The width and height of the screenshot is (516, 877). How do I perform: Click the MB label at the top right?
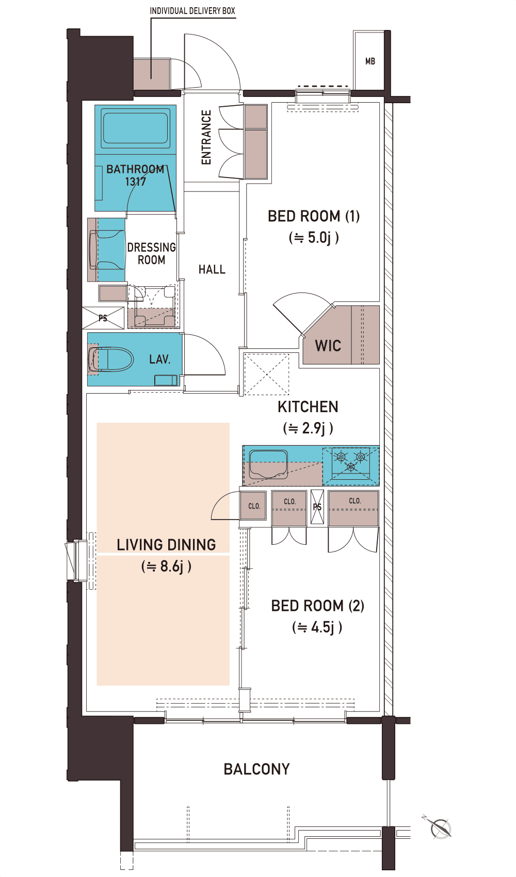coord(370,61)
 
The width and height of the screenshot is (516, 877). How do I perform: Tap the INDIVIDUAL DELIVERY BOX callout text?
coord(192,11)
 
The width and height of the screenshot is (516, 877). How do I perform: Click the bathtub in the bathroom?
coord(135,128)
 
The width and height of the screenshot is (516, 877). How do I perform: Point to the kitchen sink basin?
coord(268,464)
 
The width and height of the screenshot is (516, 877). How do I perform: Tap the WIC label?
coord(328,346)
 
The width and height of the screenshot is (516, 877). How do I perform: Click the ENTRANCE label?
coord(206,137)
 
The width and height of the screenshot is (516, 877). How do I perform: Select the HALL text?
coord(212,269)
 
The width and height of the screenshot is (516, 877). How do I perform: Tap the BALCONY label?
coord(256,769)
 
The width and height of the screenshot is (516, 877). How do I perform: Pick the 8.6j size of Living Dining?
coord(166,566)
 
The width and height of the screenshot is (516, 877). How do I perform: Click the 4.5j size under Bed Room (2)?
coord(317,628)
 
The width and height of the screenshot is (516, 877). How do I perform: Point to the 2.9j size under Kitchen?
coord(308,428)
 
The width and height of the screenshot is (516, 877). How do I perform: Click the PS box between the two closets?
coord(317,507)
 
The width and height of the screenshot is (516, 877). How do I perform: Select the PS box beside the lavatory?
coord(103,318)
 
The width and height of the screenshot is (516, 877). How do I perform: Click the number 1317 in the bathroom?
coord(136,182)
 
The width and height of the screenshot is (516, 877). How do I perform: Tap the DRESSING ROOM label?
coord(152,253)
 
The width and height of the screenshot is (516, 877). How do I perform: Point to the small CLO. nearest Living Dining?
coord(254,506)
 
